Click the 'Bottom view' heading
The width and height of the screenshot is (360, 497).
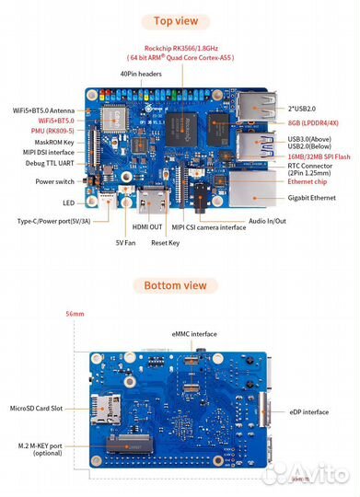coord(180,285)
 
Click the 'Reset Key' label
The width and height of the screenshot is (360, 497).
coord(166,243)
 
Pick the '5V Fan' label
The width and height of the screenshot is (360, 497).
coord(126,243)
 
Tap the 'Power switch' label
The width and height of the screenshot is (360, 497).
coord(55,181)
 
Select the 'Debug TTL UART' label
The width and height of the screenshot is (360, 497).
coord(50,163)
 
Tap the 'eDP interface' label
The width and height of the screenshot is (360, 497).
coord(308,412)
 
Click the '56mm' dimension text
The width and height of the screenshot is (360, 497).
coord(74,315)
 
